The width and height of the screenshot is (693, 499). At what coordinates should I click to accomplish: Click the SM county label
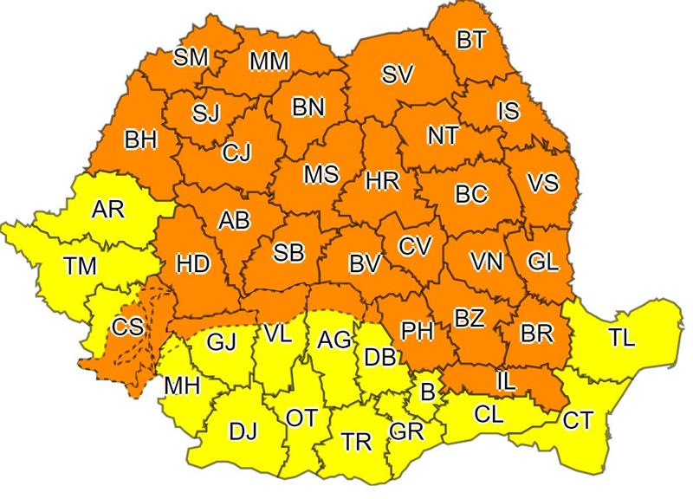pyautogui.click(x=191, y=57)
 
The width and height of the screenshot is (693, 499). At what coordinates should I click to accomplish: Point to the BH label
pyautogui.click(x=140, y=139)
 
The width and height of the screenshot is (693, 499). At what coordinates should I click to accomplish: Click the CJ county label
pyautogui.click(x=236, y=153)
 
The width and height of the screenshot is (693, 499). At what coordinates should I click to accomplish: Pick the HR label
pyautogui.click(x=382, y=181)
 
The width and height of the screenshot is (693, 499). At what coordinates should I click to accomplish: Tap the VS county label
pyautogui.click(x=542, y=184)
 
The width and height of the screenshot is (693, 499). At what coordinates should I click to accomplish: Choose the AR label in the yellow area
pyautogui.click(x=107, y=210)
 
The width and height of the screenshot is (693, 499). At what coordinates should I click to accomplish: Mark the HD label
pyautogui.click(x=192, y=262)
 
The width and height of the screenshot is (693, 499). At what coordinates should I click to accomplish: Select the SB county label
pyautogui.click(x=288, y=253)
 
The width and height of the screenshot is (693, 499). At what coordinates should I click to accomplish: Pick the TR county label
pyautogui.click(x=356, y=442)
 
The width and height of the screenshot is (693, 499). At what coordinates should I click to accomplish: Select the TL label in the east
pyautogui.click(x=620, y=338)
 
